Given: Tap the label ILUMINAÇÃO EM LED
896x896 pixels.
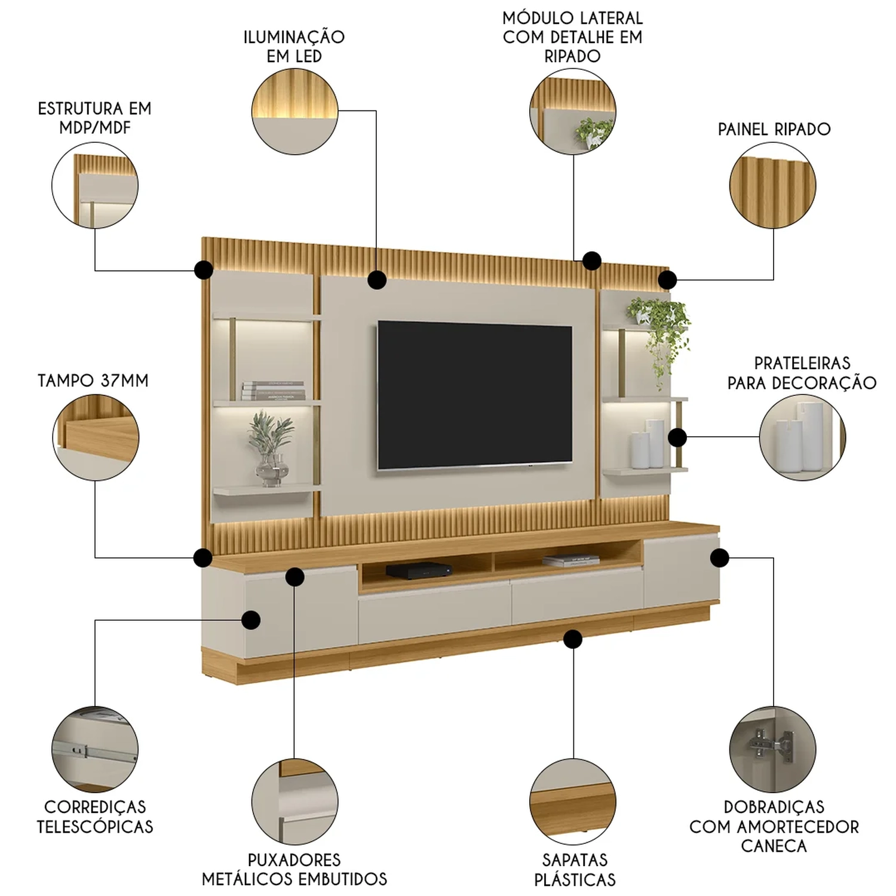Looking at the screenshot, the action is click(x=294, y=47).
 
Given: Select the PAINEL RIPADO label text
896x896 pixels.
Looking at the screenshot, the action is click(x=774, y=129).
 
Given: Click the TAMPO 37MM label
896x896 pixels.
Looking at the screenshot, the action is click(x=93, y=381).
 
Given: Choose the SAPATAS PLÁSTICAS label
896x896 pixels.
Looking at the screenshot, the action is click(x=575, y=870).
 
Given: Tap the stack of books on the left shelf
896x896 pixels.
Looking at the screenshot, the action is click(x=273, y=390).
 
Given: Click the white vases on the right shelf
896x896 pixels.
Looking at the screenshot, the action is click(x=648, y=444).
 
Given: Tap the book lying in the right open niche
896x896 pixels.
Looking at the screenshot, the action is click(x=570, y=560).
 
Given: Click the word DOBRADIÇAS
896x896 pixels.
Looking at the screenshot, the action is click(x=774, y=807).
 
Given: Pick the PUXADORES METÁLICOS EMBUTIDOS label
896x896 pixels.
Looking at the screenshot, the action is click(x=294, y=870).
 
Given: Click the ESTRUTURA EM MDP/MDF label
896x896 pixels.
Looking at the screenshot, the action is click(x=94, y=118).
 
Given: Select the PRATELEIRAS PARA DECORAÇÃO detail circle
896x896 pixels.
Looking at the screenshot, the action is click(x=802, y=437).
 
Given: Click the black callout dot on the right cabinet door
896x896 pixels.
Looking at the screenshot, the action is click(x=719, y=558).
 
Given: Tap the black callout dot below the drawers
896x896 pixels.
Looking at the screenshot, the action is click(x=573, y=639).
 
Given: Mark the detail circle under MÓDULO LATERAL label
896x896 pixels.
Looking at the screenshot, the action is click(x=573, y=111).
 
